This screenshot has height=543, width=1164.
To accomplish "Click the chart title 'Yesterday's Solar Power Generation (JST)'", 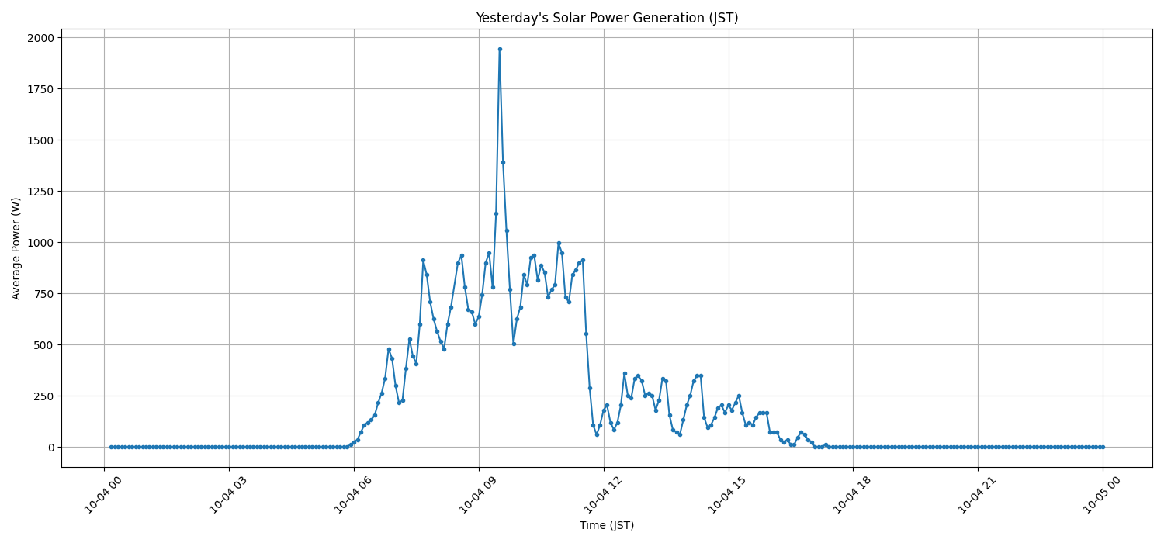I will [x=607, y=18].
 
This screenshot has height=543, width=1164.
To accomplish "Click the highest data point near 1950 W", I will [x=500, y=49].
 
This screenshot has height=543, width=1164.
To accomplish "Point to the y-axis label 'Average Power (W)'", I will [x=16, y=248].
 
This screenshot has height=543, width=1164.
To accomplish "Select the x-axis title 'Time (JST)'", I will [x=607, y=525].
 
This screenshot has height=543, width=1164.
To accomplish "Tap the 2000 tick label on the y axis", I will [x=40, y=38].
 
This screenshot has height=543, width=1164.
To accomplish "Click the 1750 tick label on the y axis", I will [x=40, y=89].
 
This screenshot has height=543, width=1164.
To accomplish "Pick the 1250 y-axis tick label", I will [x=40, y=192].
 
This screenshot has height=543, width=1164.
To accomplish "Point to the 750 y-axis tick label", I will [x=43, y=294].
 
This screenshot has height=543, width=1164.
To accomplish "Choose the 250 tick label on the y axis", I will [x=43, y=396].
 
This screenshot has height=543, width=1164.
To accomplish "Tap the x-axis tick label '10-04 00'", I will [x=100, y=496].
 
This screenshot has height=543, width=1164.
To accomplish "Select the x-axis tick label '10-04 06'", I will [x=350, y=496].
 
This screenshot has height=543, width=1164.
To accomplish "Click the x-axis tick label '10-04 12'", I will [x=600, y=496].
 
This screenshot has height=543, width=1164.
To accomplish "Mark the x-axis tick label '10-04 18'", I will [x=849, y=496].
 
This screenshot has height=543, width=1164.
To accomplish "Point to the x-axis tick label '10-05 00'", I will [x=1099, y=496].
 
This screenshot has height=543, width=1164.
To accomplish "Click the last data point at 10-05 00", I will [x=1103, y=447].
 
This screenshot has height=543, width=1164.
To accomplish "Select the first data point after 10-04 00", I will [x=111, y=447].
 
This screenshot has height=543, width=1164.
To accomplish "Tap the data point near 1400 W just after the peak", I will [x=503, y=162].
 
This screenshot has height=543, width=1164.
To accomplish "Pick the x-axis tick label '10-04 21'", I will [x=974, y=496].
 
